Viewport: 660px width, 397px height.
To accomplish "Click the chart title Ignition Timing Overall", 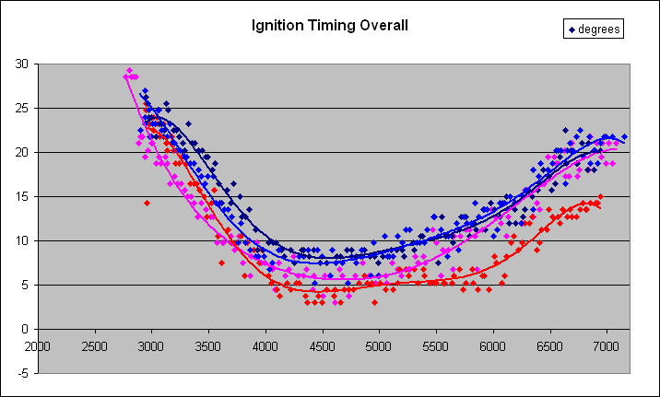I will [x=330, y=25].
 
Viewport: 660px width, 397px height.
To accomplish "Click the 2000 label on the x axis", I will [x=38, y=347].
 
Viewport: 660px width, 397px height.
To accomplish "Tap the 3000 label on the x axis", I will [x=151, y=347].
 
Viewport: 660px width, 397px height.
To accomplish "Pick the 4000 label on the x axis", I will [x=265, y=347].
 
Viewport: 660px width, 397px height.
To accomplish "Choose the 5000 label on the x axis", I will [x=379, y=347].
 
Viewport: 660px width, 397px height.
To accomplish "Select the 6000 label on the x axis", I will [x=493, y=347].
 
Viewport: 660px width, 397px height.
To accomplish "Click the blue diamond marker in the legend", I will [x=572, y=29].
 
